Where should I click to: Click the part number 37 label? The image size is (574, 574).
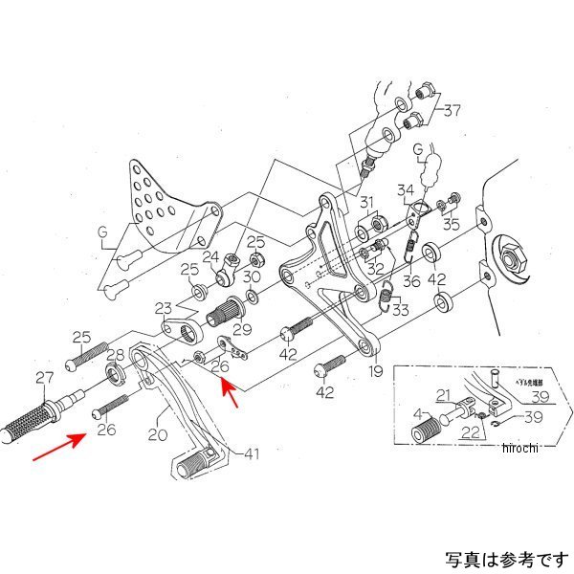point(451,110)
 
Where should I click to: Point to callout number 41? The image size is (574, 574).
point(252,453)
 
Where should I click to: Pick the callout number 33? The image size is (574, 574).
point(398,309)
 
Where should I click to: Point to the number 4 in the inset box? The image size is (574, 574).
point(417,414)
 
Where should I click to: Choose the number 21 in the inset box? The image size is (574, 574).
point(443,394)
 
